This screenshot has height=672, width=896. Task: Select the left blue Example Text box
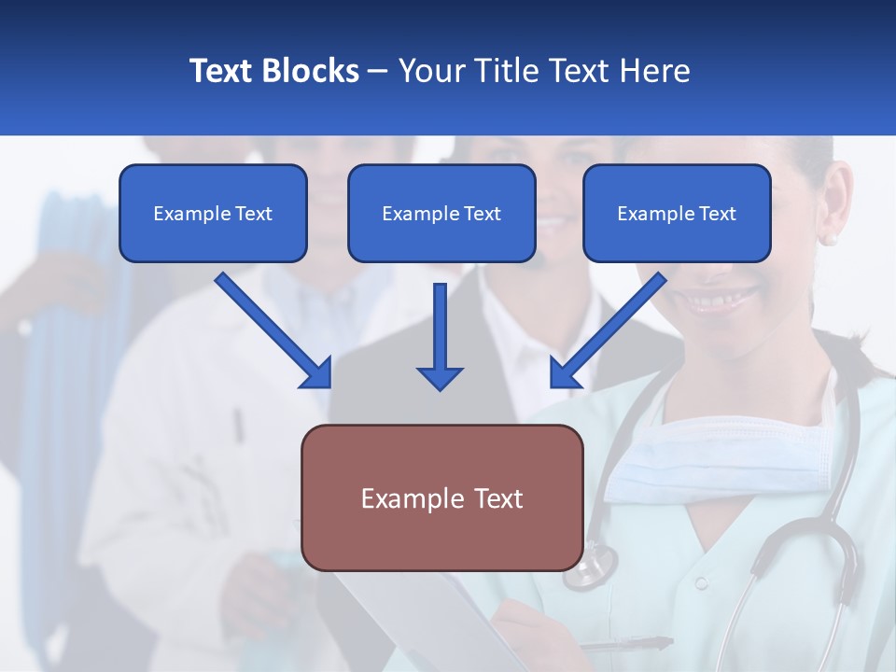pyautogui.click(x=213, y=213)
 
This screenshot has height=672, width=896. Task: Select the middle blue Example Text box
pyautogui.click(x=441, y=213)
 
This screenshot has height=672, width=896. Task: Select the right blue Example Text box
pyautogui.click(x=677, y=213)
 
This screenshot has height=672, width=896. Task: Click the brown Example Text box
pyautogui.click(x=441, y=497)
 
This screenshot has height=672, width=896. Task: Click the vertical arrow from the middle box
pyautogui.click(x=440, y=336)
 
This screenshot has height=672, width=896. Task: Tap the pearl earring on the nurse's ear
pyautogui.click(x=829, y=240)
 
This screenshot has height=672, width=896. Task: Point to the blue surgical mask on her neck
pyautogui.click(x=709, y=462)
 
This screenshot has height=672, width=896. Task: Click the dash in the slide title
pyautogui.click(x=378, y=71)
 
